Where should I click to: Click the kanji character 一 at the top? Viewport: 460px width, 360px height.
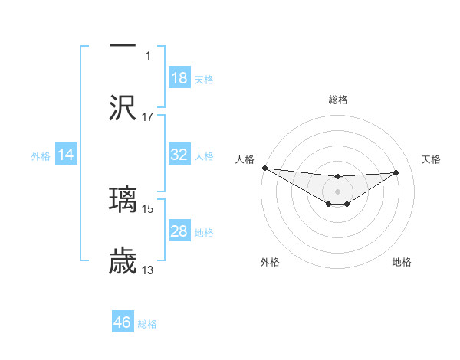pos(123,45)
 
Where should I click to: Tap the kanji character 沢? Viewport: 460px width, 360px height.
pos(123,108)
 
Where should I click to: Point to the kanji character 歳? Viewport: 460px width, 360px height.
pos(123,261)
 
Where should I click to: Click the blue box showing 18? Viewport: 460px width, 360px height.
pos(179,78)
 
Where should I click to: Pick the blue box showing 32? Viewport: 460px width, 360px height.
pos(179,155)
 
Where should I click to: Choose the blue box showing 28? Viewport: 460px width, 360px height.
pos(179,231)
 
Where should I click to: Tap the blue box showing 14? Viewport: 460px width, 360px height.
pos(66,155)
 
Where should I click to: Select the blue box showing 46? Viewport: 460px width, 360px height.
pos(123,322)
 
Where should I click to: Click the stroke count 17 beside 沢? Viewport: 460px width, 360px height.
pos(148,116)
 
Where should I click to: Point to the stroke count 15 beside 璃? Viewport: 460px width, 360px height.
pos(148,208)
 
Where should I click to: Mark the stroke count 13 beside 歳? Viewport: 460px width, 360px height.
pos(148,270)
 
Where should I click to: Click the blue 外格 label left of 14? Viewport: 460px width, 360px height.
pos(41,155)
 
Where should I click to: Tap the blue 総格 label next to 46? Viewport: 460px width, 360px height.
pos(147,324)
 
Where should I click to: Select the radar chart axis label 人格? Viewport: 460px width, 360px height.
pos(244,159)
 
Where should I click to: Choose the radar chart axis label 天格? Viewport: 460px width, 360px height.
pos(432,159)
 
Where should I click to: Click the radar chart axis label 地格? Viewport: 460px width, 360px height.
pos(402,262)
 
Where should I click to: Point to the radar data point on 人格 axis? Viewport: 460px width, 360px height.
pos(264,168)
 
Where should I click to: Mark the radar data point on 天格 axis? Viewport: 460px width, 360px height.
pos(396,172)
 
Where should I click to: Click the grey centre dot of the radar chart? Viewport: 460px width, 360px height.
pos(337,191)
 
